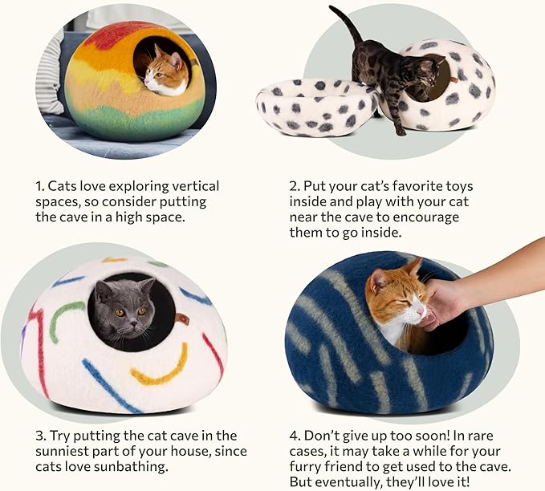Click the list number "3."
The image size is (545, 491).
41,436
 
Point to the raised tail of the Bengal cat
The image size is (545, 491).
345,24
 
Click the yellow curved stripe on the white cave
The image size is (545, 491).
161,368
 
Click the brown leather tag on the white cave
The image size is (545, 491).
184,320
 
